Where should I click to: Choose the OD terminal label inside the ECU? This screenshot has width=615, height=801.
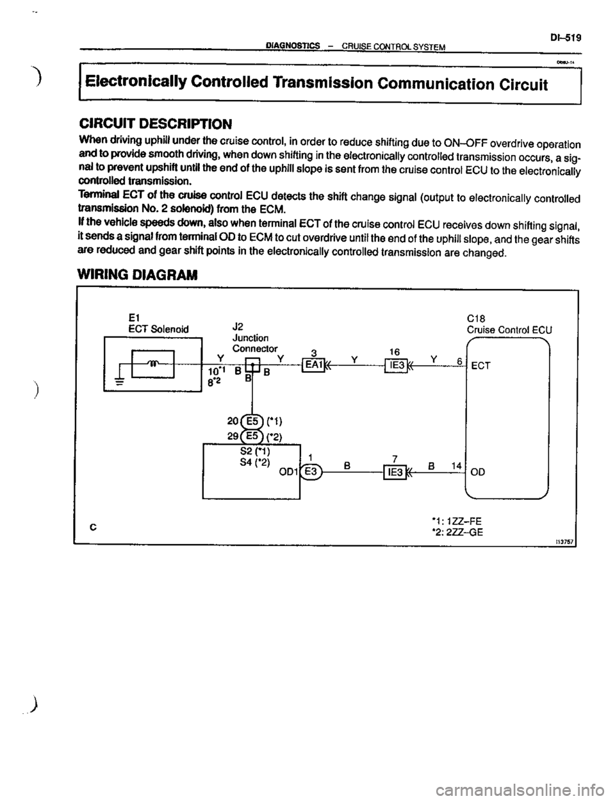[478, 472]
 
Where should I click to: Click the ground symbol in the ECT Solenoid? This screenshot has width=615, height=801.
[118, 377]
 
